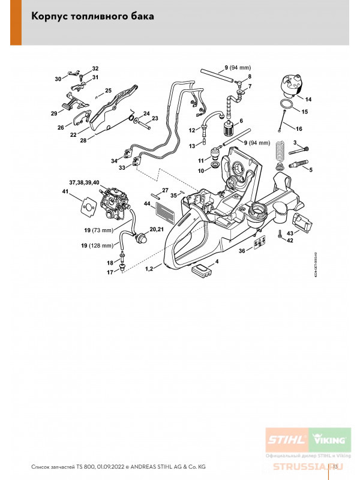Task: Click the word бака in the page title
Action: click(140, 17)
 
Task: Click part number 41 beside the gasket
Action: click(65, 191)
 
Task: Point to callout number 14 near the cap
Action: click(308, 99)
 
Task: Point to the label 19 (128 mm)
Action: click(98, 245)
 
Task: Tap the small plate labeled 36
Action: click(259, 242)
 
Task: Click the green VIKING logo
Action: click(327, 440)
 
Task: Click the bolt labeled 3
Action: click(304, 149)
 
